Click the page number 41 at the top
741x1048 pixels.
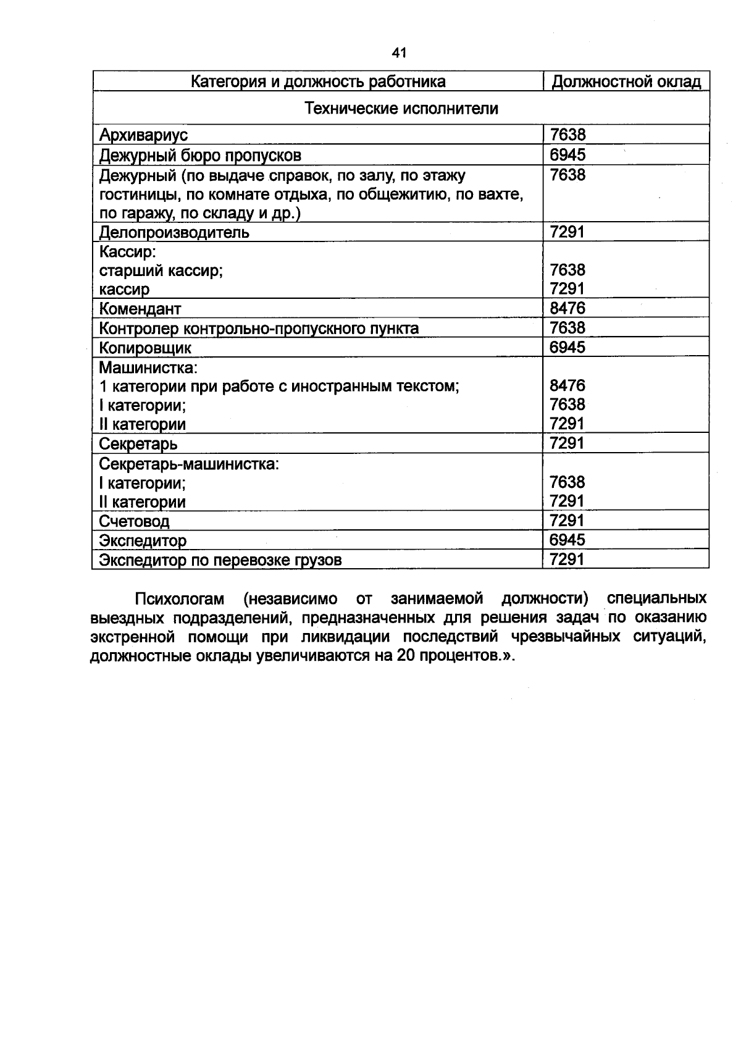[399, 53]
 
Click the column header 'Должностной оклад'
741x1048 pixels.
[626, 82]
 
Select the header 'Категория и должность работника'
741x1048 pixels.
[317, 82]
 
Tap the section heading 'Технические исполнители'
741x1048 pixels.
[401, 109]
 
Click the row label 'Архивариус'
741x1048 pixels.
[143, 135]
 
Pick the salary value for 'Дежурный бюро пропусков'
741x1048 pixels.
[567, 154]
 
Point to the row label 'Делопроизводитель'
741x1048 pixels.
[174, 233]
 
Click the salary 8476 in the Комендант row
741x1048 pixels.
[567, 308]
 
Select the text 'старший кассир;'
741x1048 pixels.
[161, 270]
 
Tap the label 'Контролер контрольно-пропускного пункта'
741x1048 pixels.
[259, 329]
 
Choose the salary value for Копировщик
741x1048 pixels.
[567, 347]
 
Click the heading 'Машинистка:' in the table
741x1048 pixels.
[148, 368]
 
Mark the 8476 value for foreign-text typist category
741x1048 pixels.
[567, 386]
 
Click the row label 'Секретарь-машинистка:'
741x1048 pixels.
[189, 464]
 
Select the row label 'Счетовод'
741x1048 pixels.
[134, 522]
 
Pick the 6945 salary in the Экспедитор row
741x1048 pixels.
[567, 540]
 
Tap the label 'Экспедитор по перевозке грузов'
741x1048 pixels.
[220, 560]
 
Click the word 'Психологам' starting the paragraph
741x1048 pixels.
[179, 599]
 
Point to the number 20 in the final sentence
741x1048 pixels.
[405, 656]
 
